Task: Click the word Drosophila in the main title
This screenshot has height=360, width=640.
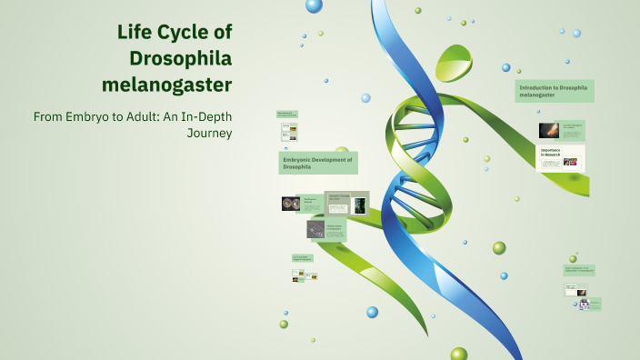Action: [181, 59]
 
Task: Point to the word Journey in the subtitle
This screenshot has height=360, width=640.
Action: [210, 133]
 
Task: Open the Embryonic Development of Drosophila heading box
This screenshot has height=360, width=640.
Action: [318, 163]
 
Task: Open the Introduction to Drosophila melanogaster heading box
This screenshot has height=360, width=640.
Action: [555, 91]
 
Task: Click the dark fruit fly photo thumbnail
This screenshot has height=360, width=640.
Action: [548, 131]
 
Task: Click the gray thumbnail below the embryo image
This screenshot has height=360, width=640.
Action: [315, 229]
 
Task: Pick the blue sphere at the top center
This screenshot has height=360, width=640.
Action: [314, 5]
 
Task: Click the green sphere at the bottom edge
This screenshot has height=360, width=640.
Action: [458, 355]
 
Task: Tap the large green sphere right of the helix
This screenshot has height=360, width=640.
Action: [499, 247]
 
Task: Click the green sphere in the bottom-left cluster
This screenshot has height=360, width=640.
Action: [284, 324]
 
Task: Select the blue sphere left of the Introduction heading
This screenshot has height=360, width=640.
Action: [506, 67]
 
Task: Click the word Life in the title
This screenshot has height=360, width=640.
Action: [134, 33]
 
